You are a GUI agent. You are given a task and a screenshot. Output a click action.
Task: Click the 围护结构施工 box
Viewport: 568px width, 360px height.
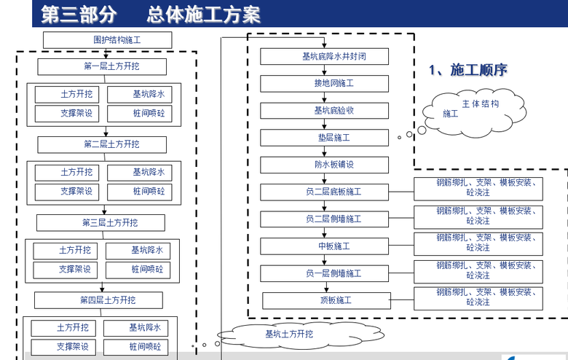(107, 40)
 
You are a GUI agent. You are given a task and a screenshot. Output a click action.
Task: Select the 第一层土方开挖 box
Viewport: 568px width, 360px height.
(102, 67)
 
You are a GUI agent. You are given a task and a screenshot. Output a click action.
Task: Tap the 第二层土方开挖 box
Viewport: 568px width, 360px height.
(102, 144)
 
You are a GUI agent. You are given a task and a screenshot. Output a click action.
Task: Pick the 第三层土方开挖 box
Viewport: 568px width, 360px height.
(100, 222)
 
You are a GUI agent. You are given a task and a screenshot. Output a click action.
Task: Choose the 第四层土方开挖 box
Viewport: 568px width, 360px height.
(98, 300)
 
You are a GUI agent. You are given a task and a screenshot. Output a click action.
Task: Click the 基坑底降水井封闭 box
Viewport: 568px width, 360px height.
(325, 56)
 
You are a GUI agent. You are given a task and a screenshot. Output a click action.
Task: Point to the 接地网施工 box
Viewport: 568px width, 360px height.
(325, 83)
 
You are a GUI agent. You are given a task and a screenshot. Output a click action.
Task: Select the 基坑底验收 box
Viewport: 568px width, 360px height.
(325, 111)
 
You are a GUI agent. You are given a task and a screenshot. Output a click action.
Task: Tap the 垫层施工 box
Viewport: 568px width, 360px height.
(325, 138)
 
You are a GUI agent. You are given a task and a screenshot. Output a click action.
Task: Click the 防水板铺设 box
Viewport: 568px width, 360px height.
(325, 165)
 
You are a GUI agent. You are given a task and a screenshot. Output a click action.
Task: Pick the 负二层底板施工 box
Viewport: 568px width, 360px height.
(325, 192)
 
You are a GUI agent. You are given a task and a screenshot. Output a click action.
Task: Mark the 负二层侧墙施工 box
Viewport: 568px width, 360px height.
(325, 219)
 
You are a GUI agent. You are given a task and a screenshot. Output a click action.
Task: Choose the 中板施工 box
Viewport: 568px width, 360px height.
(325, 246)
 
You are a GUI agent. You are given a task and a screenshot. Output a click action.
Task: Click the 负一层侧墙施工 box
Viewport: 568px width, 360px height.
(325, 273)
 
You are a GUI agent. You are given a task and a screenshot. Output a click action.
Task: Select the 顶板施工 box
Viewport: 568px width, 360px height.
(325, 300)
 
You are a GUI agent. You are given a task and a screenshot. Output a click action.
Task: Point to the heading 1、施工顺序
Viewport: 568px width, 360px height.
(468, 70)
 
